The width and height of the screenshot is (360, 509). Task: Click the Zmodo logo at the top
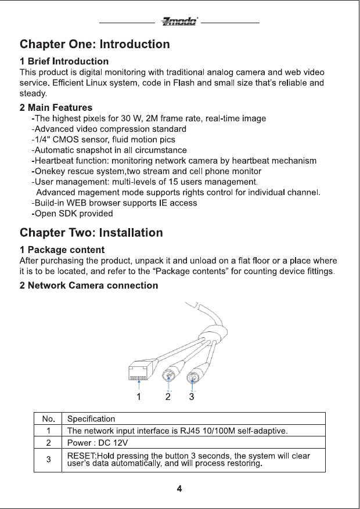(x=179, y=22)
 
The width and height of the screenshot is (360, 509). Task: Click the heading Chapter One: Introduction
(x=95, y=44)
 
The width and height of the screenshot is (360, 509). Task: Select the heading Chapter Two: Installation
(x=91, y=233)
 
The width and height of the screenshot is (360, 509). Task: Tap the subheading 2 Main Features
(x=56, y=107)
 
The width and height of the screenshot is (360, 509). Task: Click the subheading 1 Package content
(x=62, y=250)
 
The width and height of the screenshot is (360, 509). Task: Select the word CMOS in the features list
(x=66, y=139)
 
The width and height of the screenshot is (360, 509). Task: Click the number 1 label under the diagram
(x=139, y=397)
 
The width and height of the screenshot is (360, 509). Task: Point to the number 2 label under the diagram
(x=168, y=397)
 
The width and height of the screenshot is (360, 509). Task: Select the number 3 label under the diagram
(x=191, y=397)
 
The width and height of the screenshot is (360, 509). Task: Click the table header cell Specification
(x=91, y=418)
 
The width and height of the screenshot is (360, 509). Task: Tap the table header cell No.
(x=48, y=418)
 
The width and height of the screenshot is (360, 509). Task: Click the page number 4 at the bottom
(x=180, y=488)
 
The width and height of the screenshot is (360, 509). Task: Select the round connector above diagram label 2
(x=169, y=376)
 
